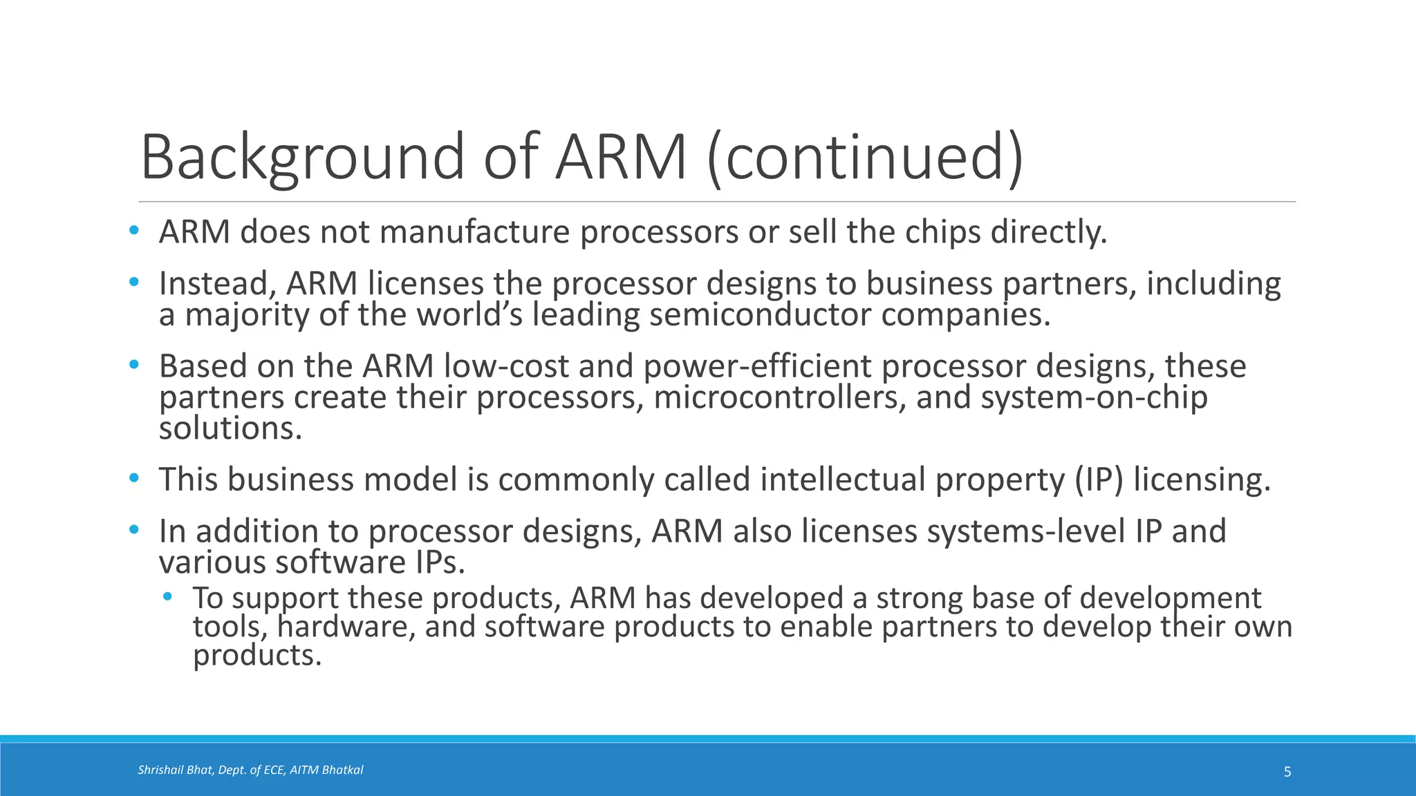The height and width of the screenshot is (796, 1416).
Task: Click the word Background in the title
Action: pyautogui.click(x=302, y=157)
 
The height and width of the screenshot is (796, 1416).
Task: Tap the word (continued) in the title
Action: pyautogui.click(x=864, y=157)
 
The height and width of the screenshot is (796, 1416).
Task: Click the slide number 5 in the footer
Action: pyautogui.click(x=1287, y=772)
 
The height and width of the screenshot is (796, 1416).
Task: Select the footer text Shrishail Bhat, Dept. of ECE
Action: pyautogui.click(x=212, y=770)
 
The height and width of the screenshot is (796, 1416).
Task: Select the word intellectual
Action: pyautogui.click(x=843, y=480)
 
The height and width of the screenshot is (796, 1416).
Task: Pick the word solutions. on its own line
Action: pyautogui.click(x=230, y=429)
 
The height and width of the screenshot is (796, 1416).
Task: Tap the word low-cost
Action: pyautogui.click(x=506, y=367)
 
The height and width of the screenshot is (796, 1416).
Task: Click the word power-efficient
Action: pyautogui.click(x=757, y=367)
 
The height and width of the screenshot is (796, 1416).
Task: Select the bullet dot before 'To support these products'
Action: pyautogui.click(x=167, y=596)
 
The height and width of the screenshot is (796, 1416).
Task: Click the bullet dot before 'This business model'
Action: pyautogui.click(x=134, y=478)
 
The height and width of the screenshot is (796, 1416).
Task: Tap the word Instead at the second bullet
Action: pyautogui.click(x=217, y=285)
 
